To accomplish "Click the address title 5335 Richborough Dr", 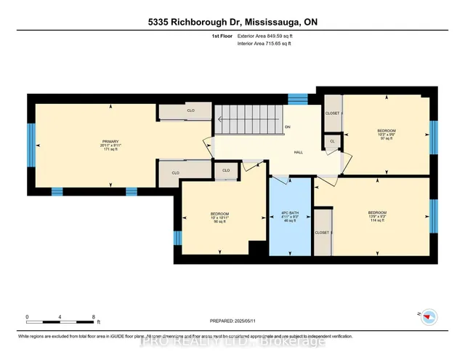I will tap(232, 22).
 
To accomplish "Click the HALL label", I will tap(298, 153).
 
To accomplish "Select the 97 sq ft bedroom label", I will tap(387, 135).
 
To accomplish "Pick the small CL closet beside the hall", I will tap(332, 141).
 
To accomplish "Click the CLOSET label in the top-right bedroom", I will tap(332, 113).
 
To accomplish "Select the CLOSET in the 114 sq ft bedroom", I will tap(322, 232).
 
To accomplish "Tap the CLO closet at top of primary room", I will tap(190, 111).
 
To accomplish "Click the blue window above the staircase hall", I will tap(298, 99).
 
